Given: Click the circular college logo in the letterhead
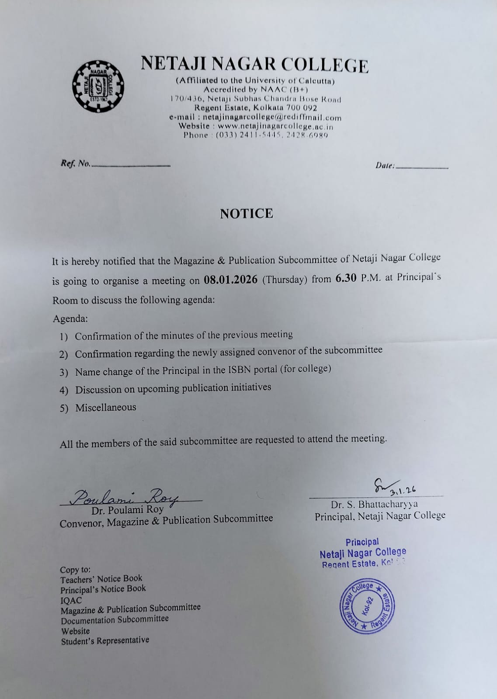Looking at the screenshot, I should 98,86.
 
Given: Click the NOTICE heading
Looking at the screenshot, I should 247,214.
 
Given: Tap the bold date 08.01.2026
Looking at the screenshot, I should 230,280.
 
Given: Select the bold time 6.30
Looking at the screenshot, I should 346,278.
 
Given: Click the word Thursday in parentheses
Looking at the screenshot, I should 285,280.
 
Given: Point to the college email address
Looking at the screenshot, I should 272,118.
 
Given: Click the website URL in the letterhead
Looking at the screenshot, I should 275,126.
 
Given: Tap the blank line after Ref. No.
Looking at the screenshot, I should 131,165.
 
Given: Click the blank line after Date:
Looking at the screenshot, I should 422,166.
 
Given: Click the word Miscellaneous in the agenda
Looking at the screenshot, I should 106,408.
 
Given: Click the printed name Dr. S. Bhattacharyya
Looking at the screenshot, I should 374,504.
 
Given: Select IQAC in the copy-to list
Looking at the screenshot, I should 71,600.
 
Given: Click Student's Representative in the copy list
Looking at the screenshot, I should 105,640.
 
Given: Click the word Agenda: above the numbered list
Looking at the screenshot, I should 70,318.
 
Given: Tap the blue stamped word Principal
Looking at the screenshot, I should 362,542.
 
